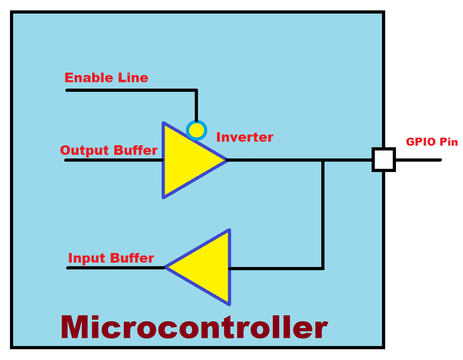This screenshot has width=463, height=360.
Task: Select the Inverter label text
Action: click(x=244, y=137)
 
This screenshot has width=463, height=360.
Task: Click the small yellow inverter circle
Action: click(x=196, y=130)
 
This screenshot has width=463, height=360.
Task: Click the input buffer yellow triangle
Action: click(x=208, y=267)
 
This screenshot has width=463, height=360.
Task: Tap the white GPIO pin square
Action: click(x=383, y=160)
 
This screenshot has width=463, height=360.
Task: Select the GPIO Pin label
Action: click(x=431, y=142)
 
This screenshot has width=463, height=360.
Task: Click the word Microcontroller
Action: click(x=194, y=327)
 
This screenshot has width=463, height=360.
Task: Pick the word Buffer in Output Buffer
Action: click(x=135, y=150)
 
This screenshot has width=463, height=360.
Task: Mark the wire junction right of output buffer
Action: click(x=323, y=160)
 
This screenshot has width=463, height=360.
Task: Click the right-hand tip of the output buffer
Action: click(x=226, y=160)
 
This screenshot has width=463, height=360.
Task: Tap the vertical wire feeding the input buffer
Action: click(x=323, y=216)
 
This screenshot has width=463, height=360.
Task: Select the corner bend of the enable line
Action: click(x=196, y=90)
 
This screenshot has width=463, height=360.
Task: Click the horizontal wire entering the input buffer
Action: click(x=275, y=269)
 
